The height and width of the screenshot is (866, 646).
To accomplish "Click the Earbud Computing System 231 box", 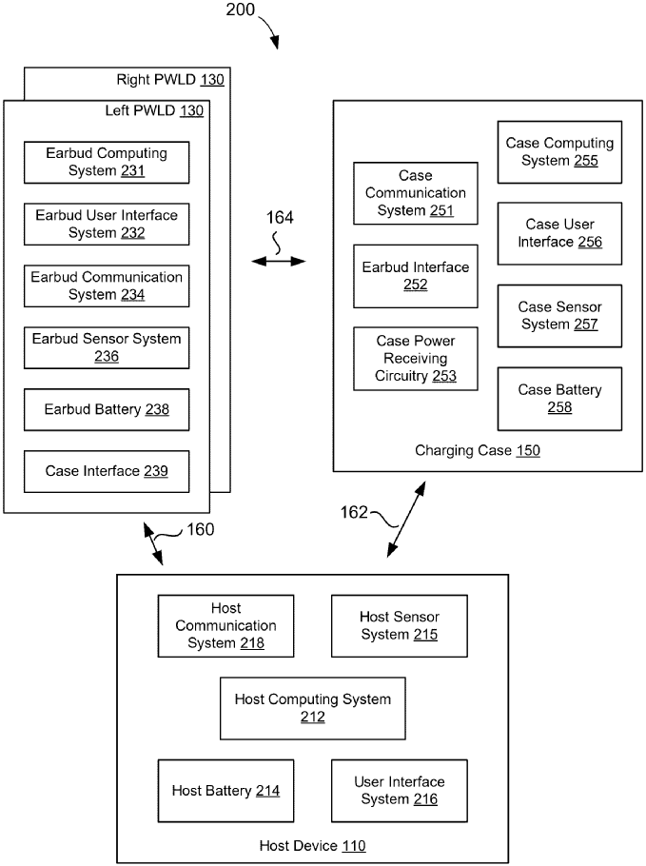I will point(106,163).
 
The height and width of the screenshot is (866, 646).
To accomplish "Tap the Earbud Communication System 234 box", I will point(106,285).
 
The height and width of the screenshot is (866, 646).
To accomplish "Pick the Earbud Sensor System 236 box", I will point(106,347).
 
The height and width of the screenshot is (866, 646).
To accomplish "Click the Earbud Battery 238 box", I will point(106,409).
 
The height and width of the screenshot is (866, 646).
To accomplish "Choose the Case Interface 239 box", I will point(106,471).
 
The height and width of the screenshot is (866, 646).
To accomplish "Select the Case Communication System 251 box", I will point(416,193).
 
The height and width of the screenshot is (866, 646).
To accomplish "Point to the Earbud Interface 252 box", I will point(416,276).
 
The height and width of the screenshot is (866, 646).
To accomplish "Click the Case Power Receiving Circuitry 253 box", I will point(416,359).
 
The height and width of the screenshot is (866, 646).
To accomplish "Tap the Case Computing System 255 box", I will point(559,151).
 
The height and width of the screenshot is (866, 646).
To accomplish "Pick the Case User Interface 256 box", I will point(559,233).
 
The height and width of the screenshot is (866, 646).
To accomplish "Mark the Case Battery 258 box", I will point(559,398).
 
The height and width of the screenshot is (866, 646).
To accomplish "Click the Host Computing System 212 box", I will point(312,708).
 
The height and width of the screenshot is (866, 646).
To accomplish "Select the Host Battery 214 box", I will point(225,791).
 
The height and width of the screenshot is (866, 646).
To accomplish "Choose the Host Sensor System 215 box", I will point(399,625).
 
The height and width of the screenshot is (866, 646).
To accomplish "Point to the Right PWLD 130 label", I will point(170,80).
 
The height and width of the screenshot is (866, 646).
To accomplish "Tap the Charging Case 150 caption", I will point(478,450).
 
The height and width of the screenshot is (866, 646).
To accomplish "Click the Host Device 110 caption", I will point(312,845).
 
